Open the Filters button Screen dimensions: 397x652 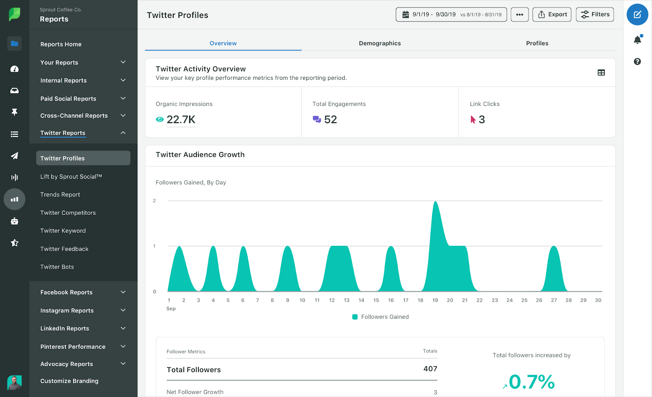coord(595,15)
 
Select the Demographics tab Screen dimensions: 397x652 coord(379,43)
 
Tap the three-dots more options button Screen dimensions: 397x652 coord(520,15)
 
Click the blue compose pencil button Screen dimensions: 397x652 coord(637,15)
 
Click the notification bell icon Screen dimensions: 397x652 coord(637,40)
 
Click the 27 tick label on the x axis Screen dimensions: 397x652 coord(554,300)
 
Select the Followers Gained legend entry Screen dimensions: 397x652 coord(381,317)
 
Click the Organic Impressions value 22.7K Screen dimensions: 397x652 coord(181,119)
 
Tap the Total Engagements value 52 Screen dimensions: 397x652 coord(330,119)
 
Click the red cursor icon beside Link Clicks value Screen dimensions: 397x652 coord(473,119)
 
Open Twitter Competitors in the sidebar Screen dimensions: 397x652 coord(68,213)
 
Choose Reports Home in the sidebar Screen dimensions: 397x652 coord(61,44)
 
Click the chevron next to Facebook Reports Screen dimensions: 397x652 coord(123,292)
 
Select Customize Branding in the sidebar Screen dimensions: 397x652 coord(69,381)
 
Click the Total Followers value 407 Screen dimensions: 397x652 coord(430,369)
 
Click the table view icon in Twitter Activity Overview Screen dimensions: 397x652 coord(601,73)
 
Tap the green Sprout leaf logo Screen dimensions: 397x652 coord(14,14)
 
